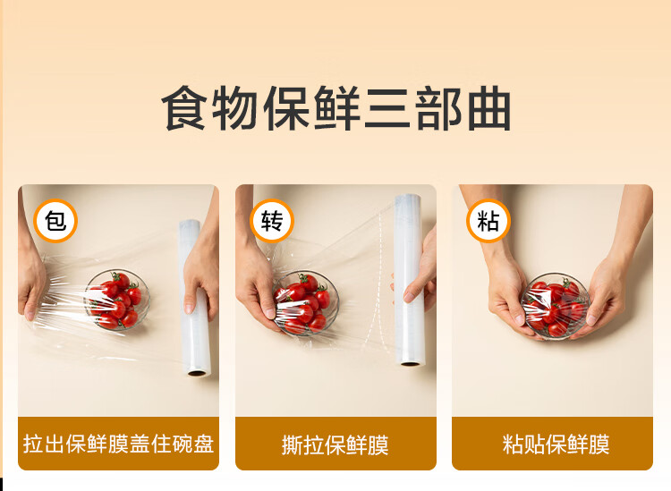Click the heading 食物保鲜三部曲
click(x=335, y=108)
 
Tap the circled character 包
click(x=55, y=221)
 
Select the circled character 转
click(x=272, y=221)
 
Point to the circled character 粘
click(x=488, y=221)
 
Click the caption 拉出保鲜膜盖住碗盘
click(x=118, y=444)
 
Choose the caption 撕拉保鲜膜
click(x=335, y=444)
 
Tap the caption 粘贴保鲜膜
click(x=556, y=444)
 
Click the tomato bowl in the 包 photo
click(x=116, y=300)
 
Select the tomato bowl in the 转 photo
click(x=306, y=303)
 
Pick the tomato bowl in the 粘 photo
click(x=556, y=306)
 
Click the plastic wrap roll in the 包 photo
click(x=195, y=298)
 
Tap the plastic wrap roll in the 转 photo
click(x=410, y=280)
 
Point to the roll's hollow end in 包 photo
click(x=198, y=373)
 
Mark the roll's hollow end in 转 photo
click(x=411, y=363)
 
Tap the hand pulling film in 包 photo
click(x=30, y=278)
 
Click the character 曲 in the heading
click(x=488, y=108)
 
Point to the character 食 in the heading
click(x=183, y=108)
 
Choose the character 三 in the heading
click(x=386, y=108)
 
